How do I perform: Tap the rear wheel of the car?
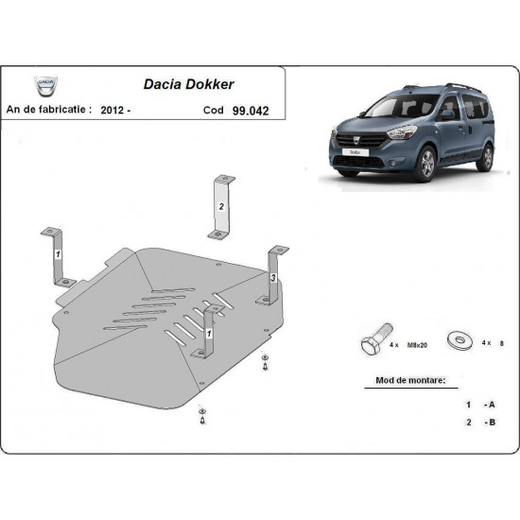484,155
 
